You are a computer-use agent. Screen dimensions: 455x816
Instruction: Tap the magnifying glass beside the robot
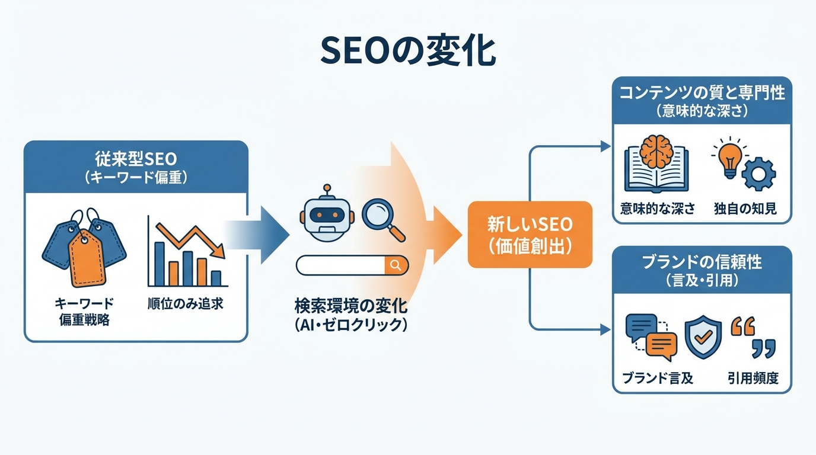(x=383, y=218)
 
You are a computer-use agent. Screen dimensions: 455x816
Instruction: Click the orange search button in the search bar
(x=396, y=265)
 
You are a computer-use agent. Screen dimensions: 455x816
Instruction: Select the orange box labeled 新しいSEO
(x=530, y=235)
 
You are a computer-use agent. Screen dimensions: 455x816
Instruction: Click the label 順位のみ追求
(x=185, y=304)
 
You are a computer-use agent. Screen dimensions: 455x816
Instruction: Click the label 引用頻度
(x=753, y=378)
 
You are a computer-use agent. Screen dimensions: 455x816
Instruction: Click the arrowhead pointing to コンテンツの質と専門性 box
(x=605, y=146)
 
